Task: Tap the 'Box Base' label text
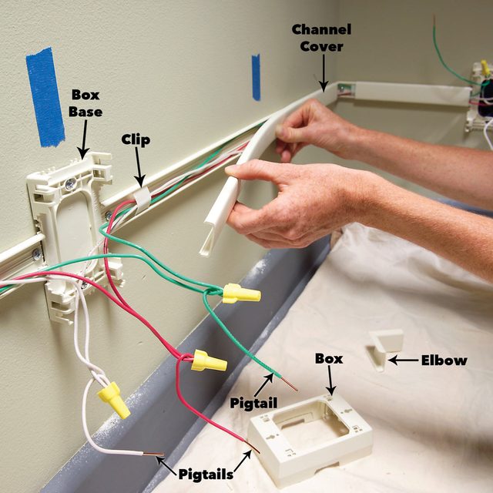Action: [86, 102]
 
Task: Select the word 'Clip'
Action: [135, 140]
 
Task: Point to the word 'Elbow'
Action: [444, 360]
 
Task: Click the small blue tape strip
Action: [256, 77]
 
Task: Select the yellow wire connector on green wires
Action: [241, 293]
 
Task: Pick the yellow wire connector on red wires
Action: [208, 360]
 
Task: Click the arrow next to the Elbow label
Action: [401, 359]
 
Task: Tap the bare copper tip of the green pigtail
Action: [291, 383]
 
